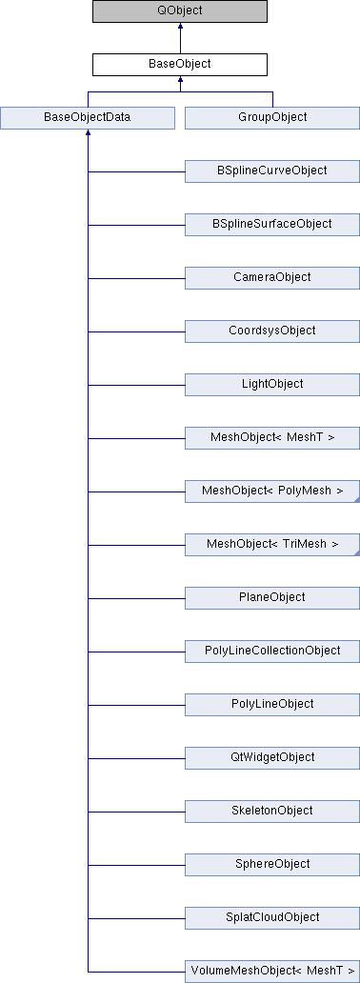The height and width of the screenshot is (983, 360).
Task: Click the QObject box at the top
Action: point(179,11)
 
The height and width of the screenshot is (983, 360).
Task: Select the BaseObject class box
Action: point(179,65)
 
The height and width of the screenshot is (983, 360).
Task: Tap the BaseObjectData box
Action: point(88,117)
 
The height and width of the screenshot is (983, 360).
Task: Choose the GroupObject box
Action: point(271,117)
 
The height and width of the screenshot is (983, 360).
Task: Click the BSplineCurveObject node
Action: point(271,171)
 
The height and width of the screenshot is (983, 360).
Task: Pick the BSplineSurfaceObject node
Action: point(271,224)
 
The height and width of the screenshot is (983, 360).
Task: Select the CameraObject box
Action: point(271,277)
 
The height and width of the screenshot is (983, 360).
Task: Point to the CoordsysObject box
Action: point(271,331)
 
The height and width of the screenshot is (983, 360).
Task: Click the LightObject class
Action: point(271,384)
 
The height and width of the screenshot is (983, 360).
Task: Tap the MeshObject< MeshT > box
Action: point(271,437)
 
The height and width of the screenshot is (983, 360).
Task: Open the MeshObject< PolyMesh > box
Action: point(271,491)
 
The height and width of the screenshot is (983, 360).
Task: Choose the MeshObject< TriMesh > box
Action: point(271,544)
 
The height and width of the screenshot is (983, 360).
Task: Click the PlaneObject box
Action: point(271,597)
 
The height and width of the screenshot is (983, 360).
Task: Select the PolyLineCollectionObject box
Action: point(271,651)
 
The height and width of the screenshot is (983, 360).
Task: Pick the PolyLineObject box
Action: point(271,704)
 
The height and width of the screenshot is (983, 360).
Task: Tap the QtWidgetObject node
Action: point(271,757)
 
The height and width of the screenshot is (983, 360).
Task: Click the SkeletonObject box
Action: point(271,811)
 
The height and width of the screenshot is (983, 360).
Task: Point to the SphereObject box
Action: point(271,864)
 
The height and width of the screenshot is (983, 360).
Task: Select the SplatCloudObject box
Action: point(271,917)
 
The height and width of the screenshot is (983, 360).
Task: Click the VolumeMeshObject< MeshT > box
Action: point(271,971)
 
